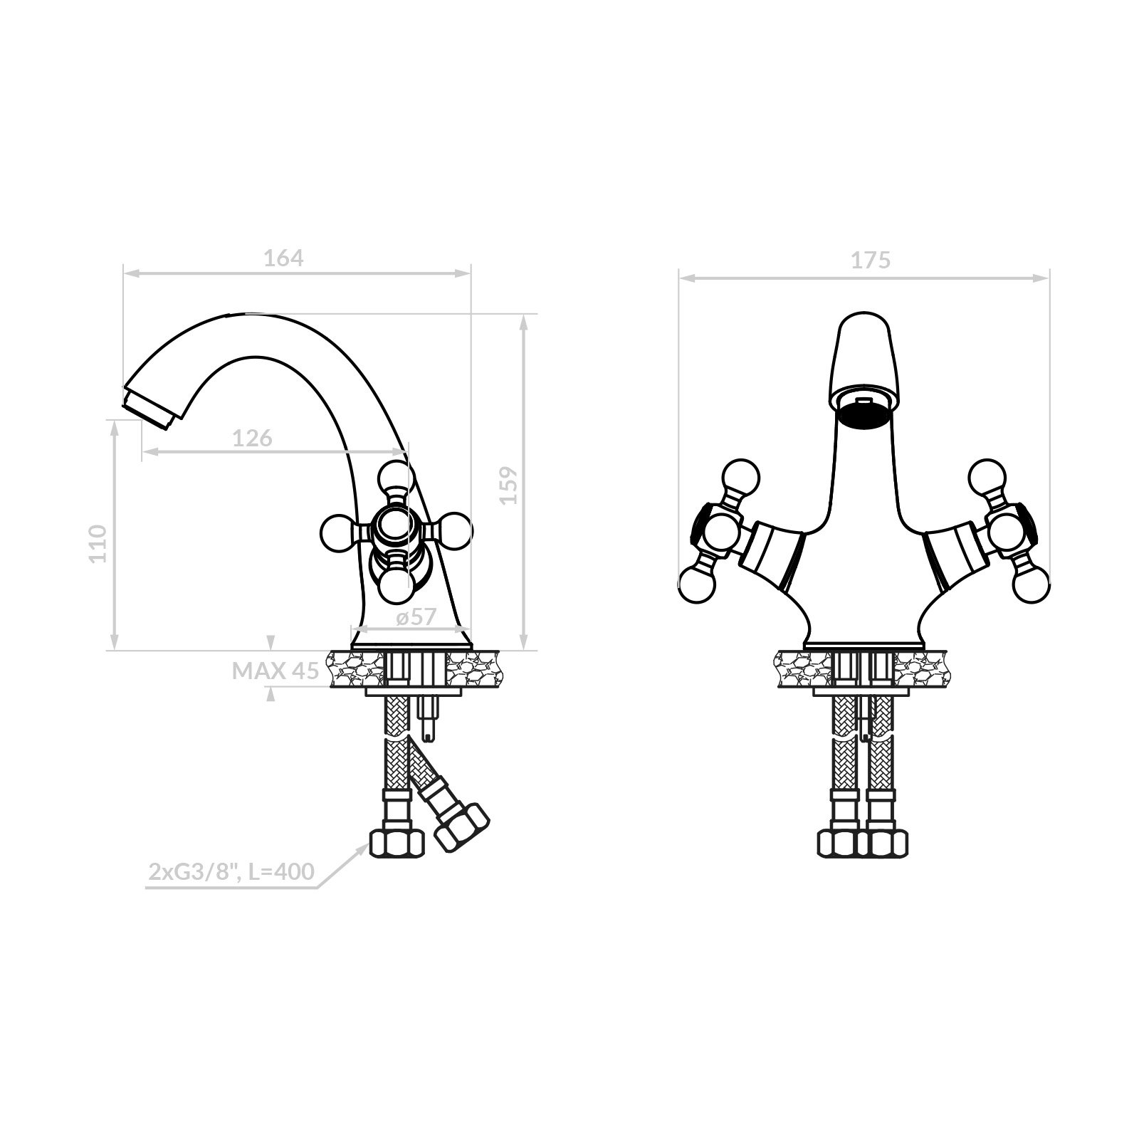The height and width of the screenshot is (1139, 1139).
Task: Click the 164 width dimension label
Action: point(283,258)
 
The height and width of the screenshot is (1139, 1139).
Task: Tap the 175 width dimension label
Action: point(871,261)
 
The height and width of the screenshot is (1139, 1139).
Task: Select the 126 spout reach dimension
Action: point(253,438)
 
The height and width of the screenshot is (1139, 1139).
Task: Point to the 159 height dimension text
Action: point(509,485)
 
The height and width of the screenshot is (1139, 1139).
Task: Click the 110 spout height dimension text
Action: point(98,543)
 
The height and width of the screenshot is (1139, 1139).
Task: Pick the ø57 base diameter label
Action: point(416,616)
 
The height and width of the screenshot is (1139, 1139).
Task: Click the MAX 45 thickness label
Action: point(275,671)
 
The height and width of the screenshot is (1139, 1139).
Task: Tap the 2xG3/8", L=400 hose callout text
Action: point(231,871)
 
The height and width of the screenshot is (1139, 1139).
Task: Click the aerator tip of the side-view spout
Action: point(150,409)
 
